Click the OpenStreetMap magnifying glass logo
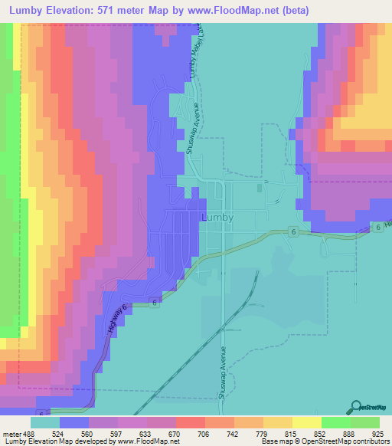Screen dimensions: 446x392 355,407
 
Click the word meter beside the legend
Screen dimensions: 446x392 9,435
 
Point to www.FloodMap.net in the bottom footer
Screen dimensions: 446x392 145,442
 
